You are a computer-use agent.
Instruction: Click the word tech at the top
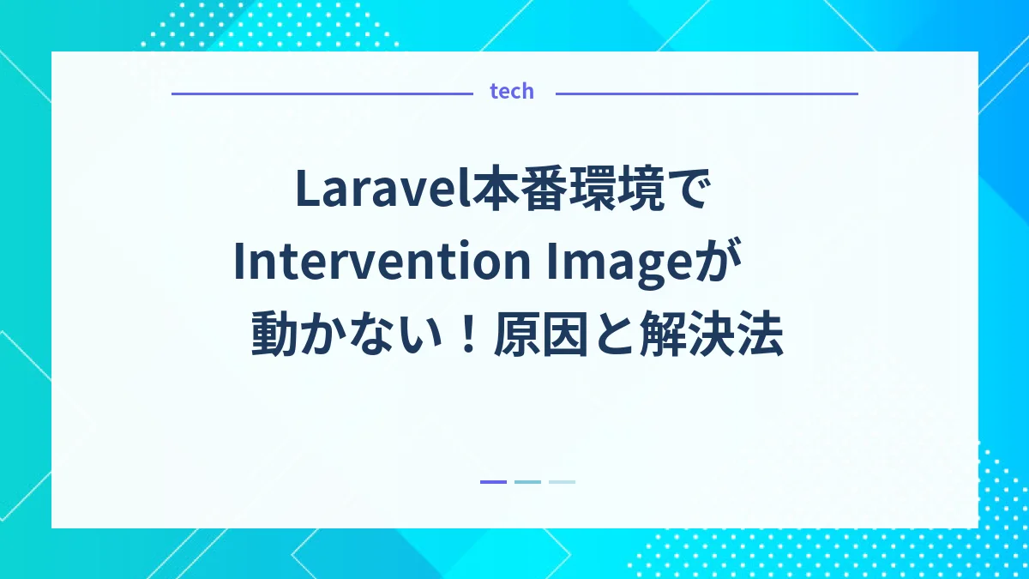coord(512,92)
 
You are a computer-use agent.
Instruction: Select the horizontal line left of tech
coord(322,93)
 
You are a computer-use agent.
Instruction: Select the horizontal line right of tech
coord(707,93)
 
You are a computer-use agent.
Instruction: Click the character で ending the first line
coord(691,190)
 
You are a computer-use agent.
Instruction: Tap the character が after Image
coord(713,263)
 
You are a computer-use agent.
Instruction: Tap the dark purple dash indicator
coord(493,482)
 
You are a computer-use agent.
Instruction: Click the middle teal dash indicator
coord(527,482)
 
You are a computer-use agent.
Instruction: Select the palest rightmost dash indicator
coord(562,482)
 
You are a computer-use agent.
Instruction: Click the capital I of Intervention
coord(239,262)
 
